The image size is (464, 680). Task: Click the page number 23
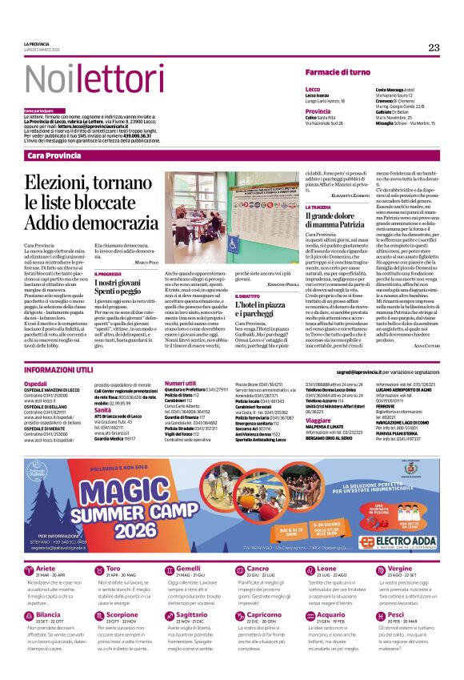click(434, 47)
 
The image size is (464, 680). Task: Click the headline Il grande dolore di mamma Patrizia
click(340, 221)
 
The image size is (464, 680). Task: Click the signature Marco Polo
click(146, 262)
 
